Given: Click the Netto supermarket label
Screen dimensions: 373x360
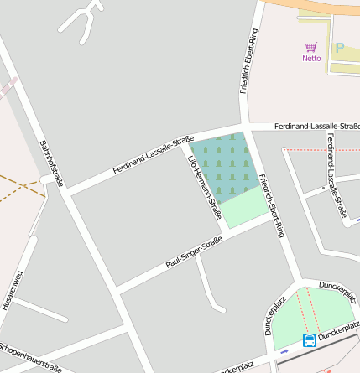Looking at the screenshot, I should (x=311, y=58).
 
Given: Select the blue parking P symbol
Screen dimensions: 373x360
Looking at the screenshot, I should (x=340, y=49).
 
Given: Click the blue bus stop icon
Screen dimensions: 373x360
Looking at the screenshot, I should (x=310, y=339).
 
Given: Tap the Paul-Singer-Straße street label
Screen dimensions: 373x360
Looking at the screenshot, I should (x=194, y=254).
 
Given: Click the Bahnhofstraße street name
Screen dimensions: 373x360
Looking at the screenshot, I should (x=51, y=163).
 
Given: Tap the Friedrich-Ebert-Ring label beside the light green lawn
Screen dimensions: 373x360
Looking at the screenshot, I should (x=272, y=205).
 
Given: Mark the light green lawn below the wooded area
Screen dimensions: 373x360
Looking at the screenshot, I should (x=244, y=208).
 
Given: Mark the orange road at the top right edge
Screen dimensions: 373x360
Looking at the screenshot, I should (x=327, y=5).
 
